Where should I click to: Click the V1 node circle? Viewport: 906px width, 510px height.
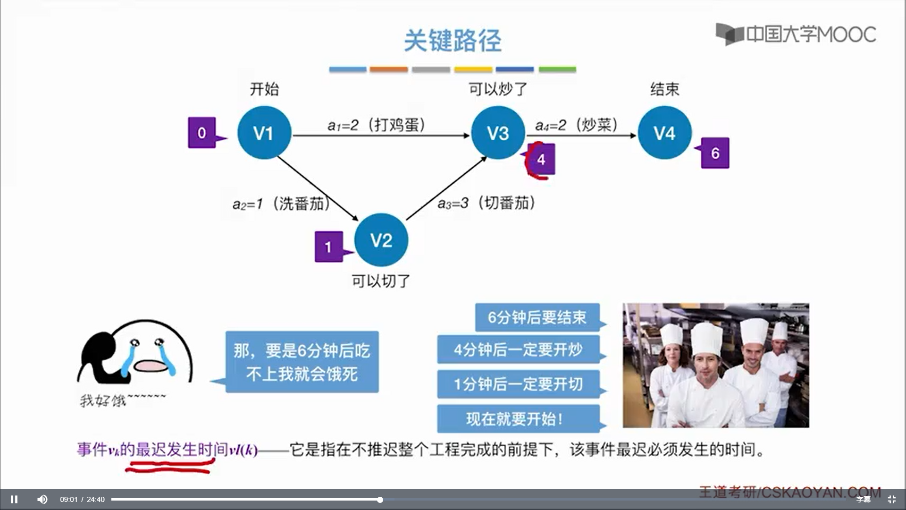[264, 133]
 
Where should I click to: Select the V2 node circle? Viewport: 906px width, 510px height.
[381, 240]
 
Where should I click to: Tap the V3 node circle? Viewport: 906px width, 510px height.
[498, 133]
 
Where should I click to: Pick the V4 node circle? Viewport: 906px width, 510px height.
[664, 133]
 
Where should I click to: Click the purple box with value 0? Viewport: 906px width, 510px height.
[202, 133]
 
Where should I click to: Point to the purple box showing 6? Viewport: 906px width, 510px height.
[715, 153]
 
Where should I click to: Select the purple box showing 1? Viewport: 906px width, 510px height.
[328, 246]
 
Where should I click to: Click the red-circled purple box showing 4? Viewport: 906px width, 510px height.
[541, 159]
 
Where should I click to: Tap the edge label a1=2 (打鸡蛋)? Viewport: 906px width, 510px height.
[377, 125]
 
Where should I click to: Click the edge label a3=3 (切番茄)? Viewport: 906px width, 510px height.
[487, 203]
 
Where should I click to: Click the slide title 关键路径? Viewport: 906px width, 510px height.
[453, 41]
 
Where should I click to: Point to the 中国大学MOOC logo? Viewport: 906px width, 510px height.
[796, 34]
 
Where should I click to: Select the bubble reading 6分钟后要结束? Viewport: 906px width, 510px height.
[537, 317]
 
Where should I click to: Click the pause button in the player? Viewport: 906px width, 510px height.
[14, 499]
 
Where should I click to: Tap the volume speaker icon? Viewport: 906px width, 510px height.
[42, 499]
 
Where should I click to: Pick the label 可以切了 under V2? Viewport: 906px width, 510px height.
[381, 281]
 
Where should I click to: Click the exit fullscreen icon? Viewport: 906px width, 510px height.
[891, 499]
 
